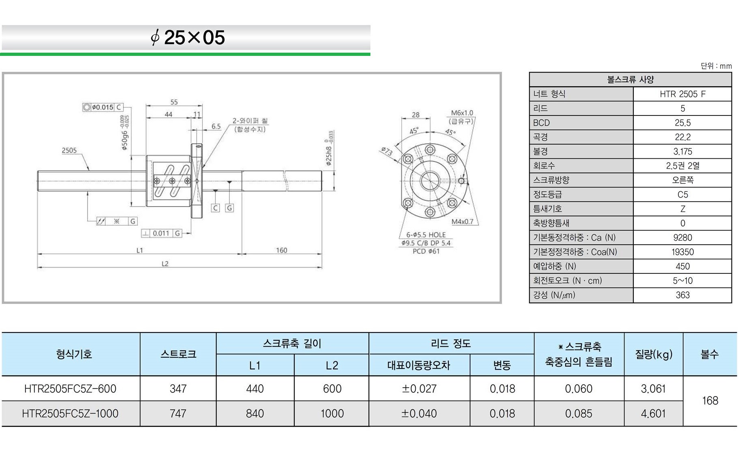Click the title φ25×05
click(188, 38)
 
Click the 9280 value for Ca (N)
click(682, 238)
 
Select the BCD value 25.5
click(682, 123)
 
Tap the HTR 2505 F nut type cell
click(682, 94)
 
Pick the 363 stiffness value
click(682, 295)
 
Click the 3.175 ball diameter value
click(682, 151)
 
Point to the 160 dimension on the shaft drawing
click(281, 250)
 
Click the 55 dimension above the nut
click(174, 102)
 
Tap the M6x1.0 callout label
click(462, 113)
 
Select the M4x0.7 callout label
click(462, 222)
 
